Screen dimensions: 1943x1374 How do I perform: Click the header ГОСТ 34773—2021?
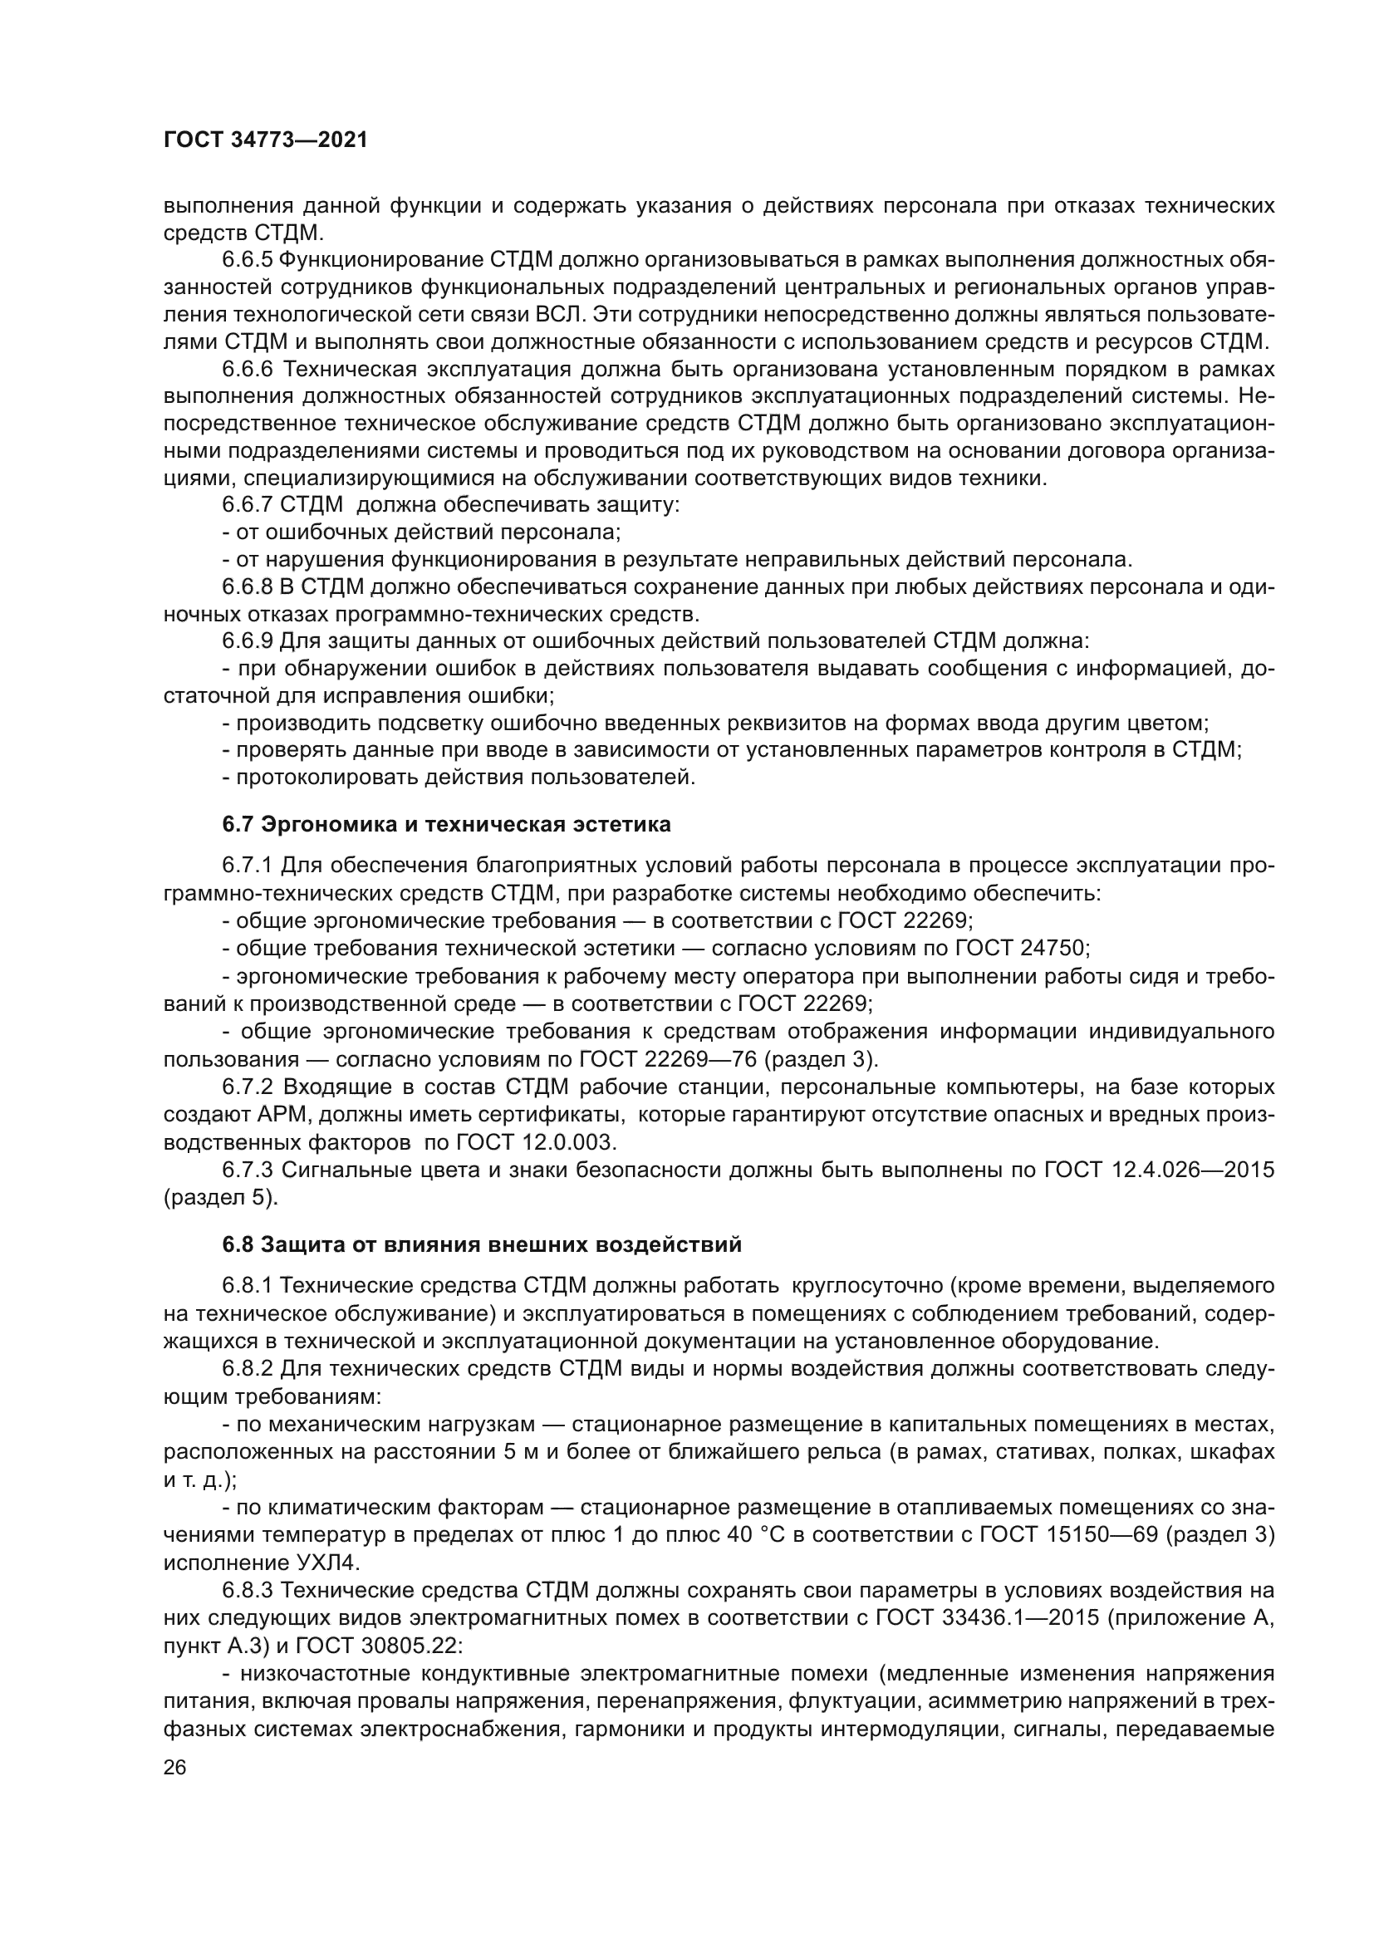(266, 140)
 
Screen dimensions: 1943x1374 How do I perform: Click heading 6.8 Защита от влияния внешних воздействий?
(483, 1245)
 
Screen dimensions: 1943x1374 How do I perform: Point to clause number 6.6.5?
(247, 260)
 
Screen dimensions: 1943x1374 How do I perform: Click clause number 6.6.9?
(247, 641)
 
